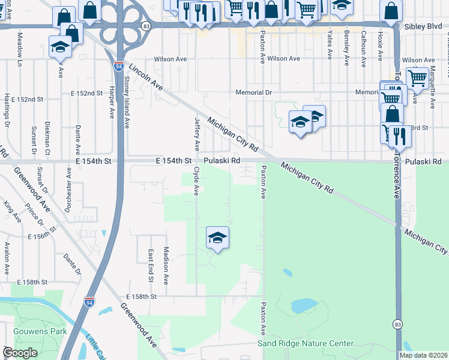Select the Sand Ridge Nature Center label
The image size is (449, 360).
[x=306, y=343]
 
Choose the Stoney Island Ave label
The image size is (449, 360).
[x=127, y=106]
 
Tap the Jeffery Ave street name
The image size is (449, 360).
[x=196, y=133]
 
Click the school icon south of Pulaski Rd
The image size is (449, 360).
[x=217, y=238]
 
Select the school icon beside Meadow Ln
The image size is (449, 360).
[x=60, y=46]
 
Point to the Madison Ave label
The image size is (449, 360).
[x=166, y=264]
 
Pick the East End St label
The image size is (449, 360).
[x=150, y=265]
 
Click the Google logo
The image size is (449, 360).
[x=20, y=353]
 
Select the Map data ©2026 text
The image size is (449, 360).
[x=423, y=355]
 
